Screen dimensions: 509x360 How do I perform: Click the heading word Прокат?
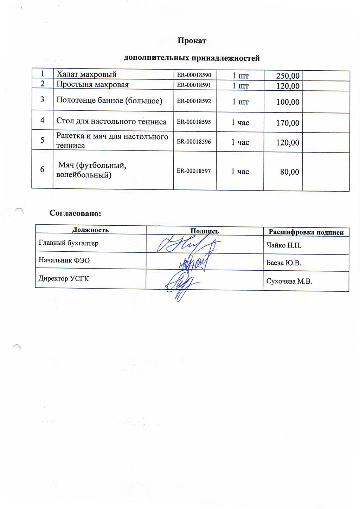click(192, 41)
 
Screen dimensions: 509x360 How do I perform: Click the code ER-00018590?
click(194, 75)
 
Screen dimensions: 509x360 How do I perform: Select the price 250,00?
click(288, 76)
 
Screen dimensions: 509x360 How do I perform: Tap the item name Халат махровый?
click(86, 74)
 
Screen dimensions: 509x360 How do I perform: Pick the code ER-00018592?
click(194, 101)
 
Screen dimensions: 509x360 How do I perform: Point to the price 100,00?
click(288, 102)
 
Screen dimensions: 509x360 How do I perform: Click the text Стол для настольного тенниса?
click(111, 122)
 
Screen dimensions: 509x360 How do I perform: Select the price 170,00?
click(288, 123)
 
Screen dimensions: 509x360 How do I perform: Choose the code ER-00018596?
click(194, 142)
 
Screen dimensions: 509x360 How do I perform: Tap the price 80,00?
click(289, 172)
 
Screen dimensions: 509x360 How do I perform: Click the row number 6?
click(42, 169)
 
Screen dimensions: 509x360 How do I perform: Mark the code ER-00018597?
click(194, 171)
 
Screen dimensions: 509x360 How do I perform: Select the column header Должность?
click(90, 230)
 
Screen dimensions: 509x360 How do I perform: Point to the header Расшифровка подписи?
click(306, 232)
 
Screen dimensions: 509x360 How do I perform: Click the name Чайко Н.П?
click(284, 245)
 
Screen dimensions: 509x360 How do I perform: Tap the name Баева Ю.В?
click(284, 263)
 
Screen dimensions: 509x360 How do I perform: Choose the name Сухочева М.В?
click(289, 281)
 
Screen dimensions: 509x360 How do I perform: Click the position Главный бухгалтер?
click(69, 243)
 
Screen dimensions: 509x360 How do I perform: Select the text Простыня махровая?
click(92, 84)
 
